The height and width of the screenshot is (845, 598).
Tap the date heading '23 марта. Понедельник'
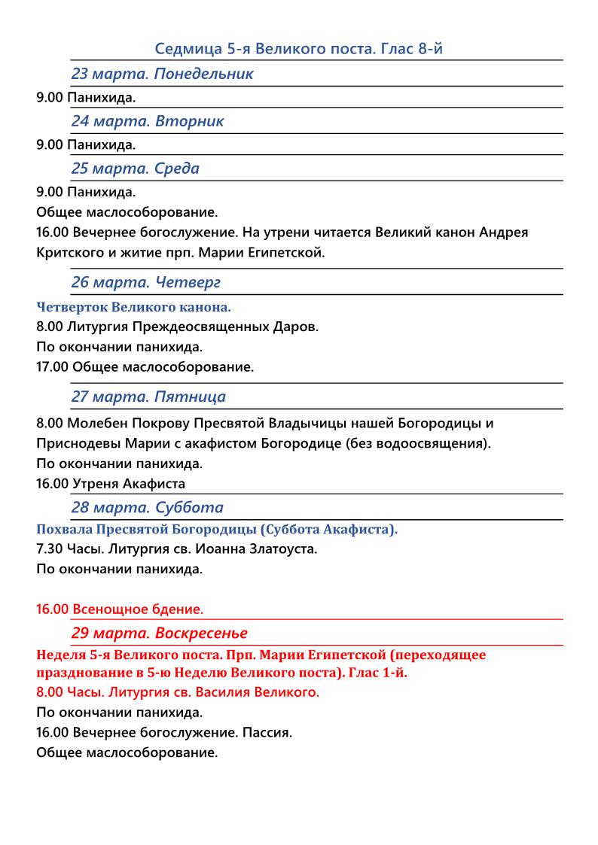162,74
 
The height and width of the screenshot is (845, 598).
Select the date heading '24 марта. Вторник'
148,121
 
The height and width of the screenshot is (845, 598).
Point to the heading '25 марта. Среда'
136,169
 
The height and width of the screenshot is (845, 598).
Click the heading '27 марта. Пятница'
148,397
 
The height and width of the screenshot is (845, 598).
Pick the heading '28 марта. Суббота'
147,507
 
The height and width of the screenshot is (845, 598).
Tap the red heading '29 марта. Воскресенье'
159,633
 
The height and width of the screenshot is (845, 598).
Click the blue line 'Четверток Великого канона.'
133,307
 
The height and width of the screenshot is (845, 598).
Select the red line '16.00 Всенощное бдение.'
120,608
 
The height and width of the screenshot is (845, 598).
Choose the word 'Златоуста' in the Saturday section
285,549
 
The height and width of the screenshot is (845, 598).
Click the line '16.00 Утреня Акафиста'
110,483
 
